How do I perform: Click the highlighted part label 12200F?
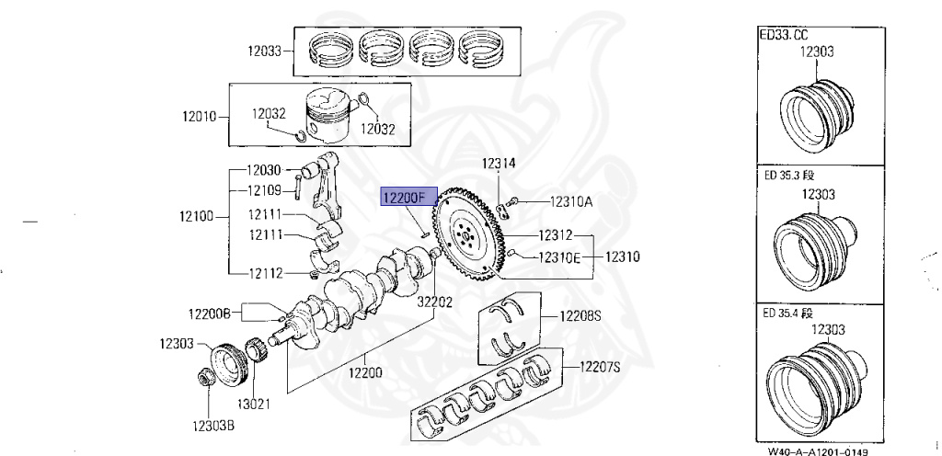405,197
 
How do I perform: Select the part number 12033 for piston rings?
263,52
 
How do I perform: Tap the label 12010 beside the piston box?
200,117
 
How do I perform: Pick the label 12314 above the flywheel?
499,164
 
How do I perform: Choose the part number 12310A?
571,201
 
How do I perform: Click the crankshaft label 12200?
366,372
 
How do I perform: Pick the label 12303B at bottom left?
213,426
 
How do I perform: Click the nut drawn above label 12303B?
206,378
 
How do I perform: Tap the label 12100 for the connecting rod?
199,217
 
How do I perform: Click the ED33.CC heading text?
783,33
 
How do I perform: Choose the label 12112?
263,272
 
